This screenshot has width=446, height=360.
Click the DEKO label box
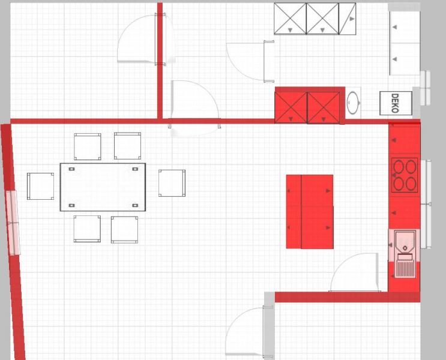pos(396,103)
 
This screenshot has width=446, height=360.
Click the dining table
pos(103,187)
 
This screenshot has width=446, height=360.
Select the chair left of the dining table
pos(40,186)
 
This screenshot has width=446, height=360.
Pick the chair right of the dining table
pos(172,183)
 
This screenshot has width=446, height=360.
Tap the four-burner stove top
pos(405,175)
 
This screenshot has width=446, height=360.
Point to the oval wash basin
pos(354,103)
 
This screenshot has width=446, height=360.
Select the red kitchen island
pos(310,212)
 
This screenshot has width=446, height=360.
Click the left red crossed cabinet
pos(291,107)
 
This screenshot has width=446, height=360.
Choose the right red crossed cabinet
pos(324,107)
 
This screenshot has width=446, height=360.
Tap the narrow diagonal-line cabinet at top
pos(348,19)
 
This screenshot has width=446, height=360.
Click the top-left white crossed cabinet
pos(290,19)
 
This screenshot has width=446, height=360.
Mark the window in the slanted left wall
pos(13,223)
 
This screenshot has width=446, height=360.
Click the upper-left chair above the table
pos(87,147)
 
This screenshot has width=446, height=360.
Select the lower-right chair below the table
pos(125,230)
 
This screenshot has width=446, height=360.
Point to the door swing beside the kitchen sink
pos(354,272)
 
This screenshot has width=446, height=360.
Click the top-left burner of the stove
pos(399,167)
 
